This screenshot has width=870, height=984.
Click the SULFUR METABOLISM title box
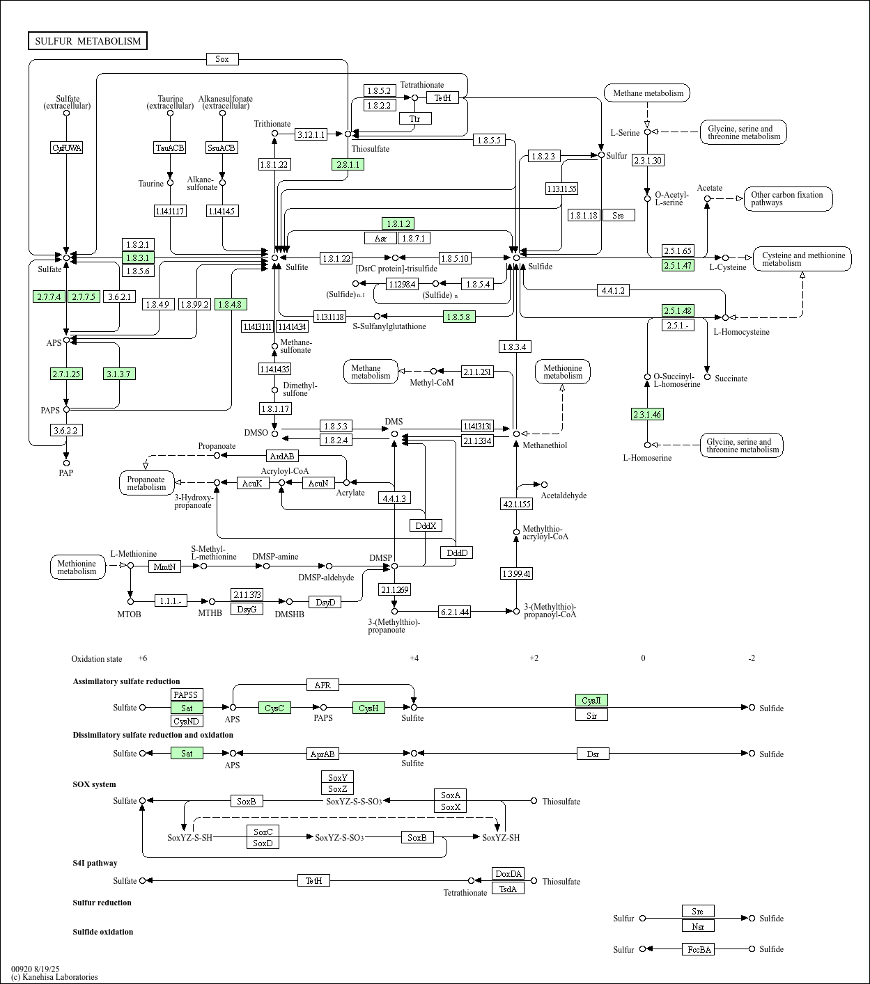pos(88,41)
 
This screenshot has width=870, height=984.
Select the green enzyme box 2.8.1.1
pos(348,164)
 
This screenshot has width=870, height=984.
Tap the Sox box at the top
pos(222,59)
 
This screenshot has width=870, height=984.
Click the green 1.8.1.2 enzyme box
pos(398,223)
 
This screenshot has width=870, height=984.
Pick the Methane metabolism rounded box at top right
pos(647,93)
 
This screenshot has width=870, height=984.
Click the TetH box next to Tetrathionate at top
pos(443,98)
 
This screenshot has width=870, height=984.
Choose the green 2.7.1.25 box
pos(66,374)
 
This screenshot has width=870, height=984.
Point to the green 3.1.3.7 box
pos(118,374)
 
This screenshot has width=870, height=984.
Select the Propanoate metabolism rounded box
pos(146,483)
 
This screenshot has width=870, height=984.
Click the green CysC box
pos(274,708)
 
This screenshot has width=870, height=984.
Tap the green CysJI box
pos(591,700)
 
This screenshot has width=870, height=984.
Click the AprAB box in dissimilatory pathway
pos(323,754)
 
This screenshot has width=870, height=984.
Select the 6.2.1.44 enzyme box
pos(455,612)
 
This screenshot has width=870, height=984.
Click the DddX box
pos(426,525)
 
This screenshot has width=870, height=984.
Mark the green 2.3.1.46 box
pos(647,414)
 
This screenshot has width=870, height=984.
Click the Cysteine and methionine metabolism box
pos(802,259)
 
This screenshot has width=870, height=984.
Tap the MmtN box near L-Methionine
pos(164,566)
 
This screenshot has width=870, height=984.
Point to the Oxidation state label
pos(96,659)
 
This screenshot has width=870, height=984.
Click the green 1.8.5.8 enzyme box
pos(459,317)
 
